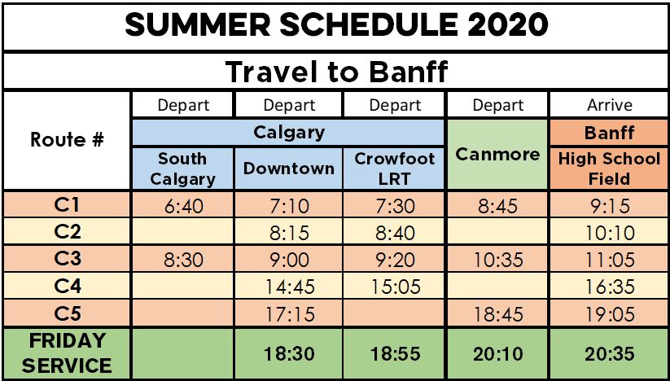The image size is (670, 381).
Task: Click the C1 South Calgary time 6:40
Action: click(182, 207)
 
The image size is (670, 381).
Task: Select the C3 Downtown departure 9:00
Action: click(288, 261)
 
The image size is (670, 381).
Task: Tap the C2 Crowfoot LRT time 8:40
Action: click(394, 234)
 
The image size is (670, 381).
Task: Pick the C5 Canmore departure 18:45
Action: click(497, 315)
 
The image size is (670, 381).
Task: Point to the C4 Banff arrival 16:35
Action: click(610, 287)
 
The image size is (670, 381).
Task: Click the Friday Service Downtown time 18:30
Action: click(288, 354)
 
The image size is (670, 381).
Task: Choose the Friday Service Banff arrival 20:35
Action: click(610, 354)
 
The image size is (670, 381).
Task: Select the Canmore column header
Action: click(497, 154)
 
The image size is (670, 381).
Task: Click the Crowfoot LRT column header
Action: click(394, 169)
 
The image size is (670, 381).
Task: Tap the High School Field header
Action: click(609, 169)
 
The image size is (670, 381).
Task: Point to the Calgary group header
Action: click(289, 133)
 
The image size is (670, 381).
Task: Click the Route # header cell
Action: click(67, 140)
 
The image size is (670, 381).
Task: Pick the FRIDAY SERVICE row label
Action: click(67, 353)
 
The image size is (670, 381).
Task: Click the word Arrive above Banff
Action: click(609, 105)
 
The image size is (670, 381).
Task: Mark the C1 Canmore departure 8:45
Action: click(497, 207)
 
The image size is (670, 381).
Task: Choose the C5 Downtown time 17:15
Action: click(288, 315)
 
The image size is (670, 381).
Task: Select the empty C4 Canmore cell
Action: click(497, 287)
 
